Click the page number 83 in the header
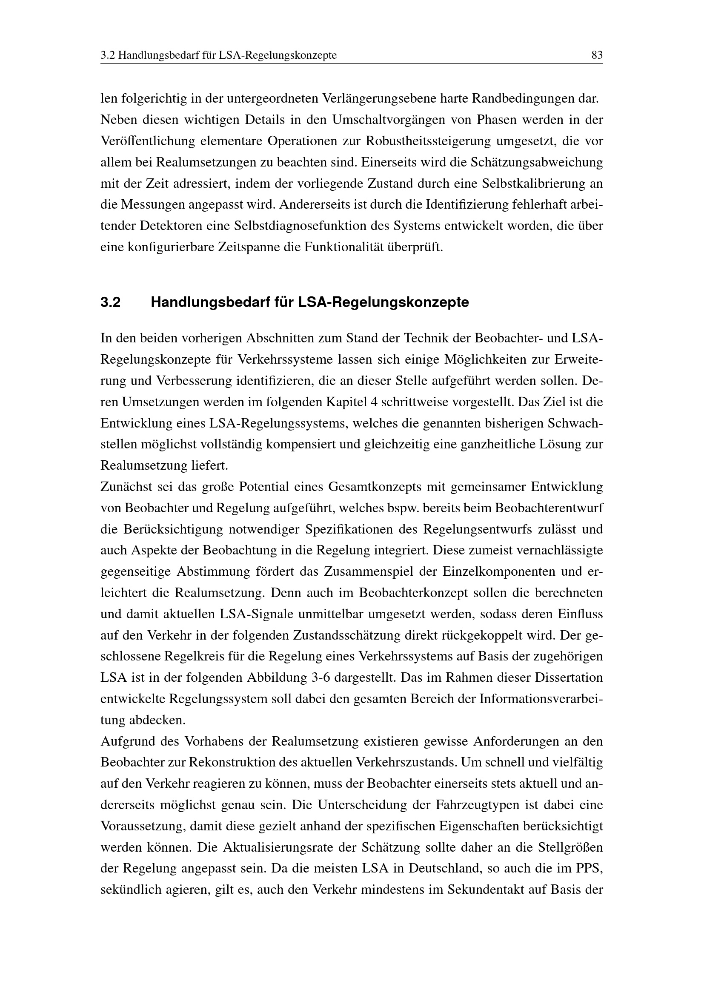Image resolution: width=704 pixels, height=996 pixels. point(597,55)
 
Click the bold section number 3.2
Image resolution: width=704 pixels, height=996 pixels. point(111,302)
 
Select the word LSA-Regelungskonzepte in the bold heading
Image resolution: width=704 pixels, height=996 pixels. point(383,302)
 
